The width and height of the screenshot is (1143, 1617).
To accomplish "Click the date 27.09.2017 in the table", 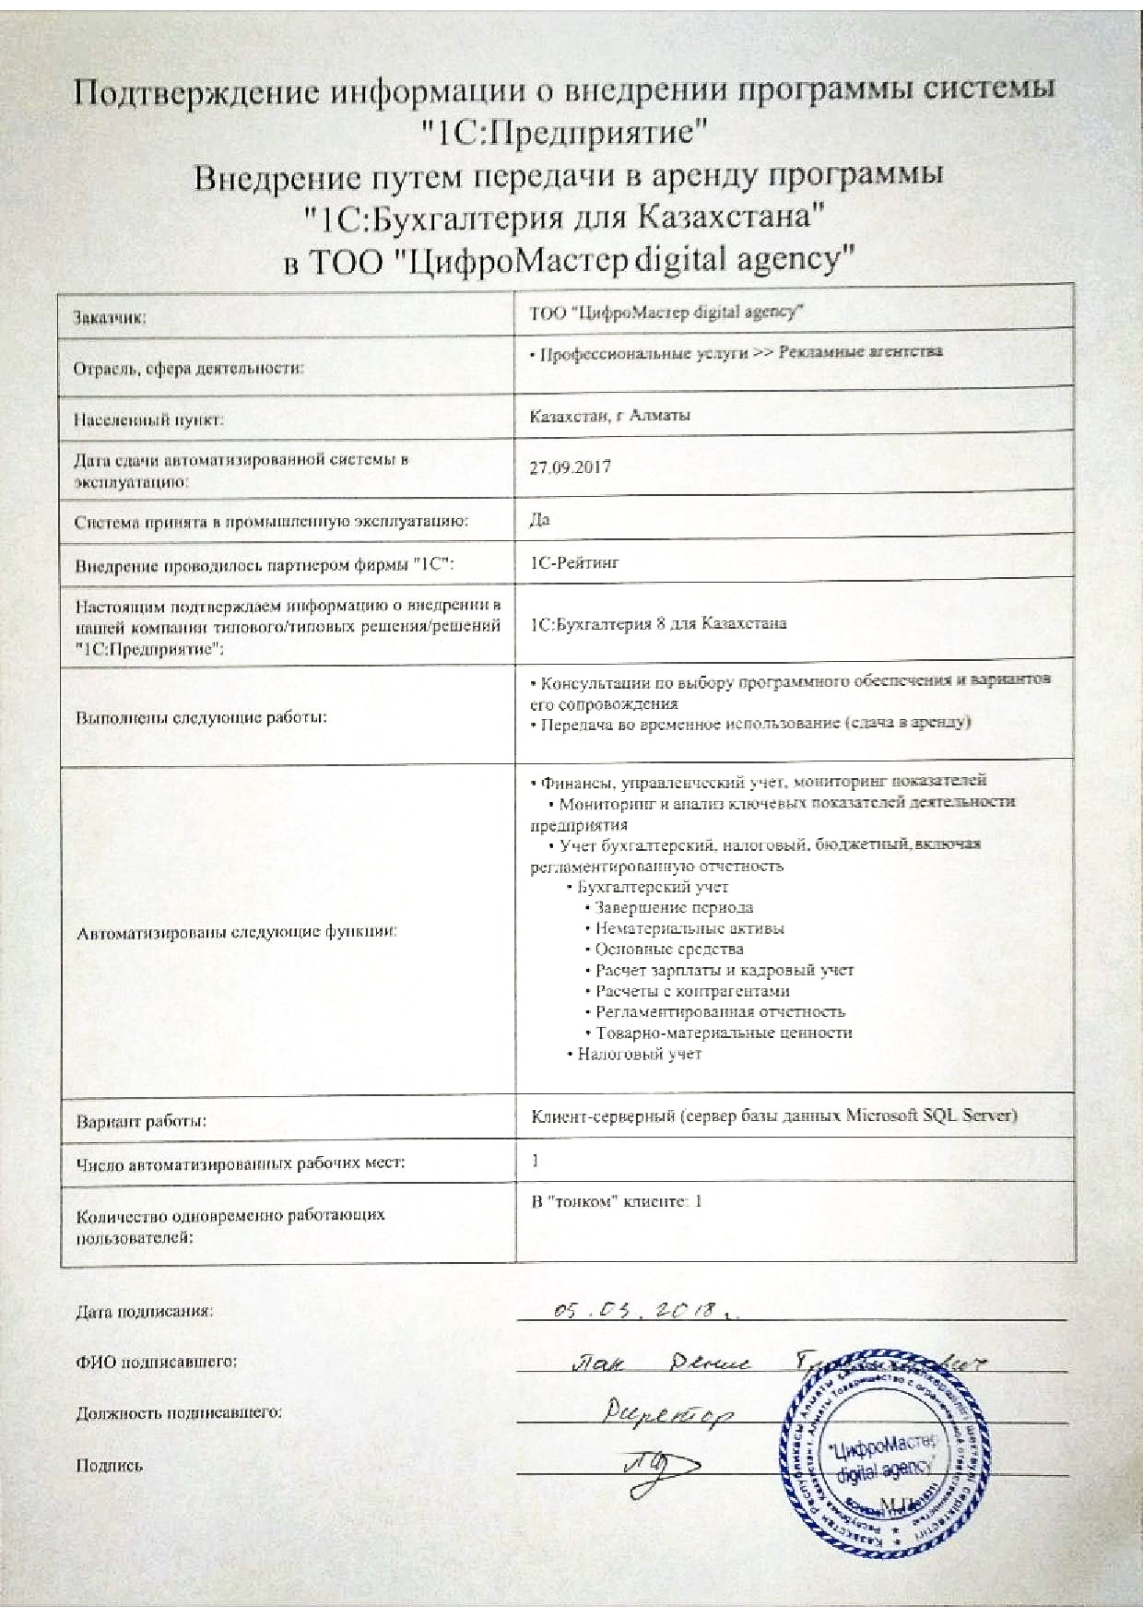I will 570,466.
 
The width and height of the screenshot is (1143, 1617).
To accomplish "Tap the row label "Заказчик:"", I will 110,319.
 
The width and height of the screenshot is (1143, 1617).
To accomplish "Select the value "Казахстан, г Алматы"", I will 610,415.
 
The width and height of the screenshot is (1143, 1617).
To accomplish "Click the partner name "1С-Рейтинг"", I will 575,561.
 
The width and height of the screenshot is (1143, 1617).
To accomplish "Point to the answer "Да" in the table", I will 540,519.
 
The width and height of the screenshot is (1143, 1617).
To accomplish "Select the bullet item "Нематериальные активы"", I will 689,928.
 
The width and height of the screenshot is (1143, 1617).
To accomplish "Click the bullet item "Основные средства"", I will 668,949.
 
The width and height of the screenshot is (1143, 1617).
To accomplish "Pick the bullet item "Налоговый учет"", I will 639,1054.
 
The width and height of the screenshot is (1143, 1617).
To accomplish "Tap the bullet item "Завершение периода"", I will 673,907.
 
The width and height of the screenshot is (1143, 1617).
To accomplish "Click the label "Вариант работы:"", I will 140,1122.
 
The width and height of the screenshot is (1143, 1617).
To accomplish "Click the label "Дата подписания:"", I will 144,1311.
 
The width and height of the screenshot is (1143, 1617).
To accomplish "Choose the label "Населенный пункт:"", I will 148,420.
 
